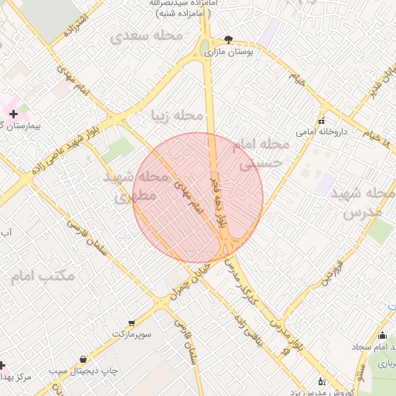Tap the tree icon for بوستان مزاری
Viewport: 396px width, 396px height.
228,39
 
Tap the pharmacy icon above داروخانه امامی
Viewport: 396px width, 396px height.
322,120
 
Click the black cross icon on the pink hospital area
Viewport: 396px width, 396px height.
12,114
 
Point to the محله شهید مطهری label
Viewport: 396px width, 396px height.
135,186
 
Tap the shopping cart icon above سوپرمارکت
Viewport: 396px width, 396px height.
132,322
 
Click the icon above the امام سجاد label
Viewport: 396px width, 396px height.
382,335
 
